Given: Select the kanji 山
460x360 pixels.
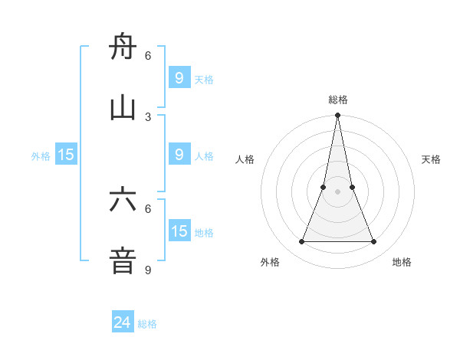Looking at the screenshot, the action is pyautogui.click(x=123, y=110).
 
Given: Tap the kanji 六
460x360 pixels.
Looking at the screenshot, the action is pyautogui.click(x=123, y=201).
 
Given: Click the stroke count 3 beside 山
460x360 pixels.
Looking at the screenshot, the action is pyautogui.click(x=148, y=116).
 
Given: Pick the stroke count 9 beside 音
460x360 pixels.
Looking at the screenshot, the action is pyautogui.click(x=148, y=270).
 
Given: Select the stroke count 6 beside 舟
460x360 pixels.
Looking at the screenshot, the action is pyautogui.click(x=148, y=55).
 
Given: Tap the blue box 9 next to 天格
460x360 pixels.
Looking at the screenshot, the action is pyautogui.click(x=179, y=78).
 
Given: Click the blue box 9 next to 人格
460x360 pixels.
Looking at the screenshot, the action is pyautogui.click(x=179, y=155).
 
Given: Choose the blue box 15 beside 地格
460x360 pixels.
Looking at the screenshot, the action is pyautogui.click(x=179, y=231).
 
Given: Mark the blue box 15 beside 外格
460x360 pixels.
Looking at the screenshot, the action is pyautogui.click(x=66, y=155).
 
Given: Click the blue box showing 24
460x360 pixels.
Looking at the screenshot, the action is pyautogui.click(x=123, y=322).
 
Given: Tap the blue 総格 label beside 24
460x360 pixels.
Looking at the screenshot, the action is pyautogui.click(x=147, y=324).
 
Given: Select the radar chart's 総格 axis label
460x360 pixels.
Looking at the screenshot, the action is pyautogui.click(x=337, y=100).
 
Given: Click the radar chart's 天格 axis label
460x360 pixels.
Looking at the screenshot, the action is pyautogui.click(x=432, y=159).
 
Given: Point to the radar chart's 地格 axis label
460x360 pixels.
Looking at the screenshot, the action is pyautogui.click(x=402, y=262).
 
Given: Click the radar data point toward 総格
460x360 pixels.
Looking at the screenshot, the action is pyautogui.click(x=337, y=116).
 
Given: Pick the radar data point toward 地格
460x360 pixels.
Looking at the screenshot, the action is pyautogui.click(x=373, y=242).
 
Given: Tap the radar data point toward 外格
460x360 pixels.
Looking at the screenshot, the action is pyautogui.click(x=301, y=242).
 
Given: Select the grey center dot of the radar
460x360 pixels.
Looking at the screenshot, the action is pyautogui.click(x=337, y=191).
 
